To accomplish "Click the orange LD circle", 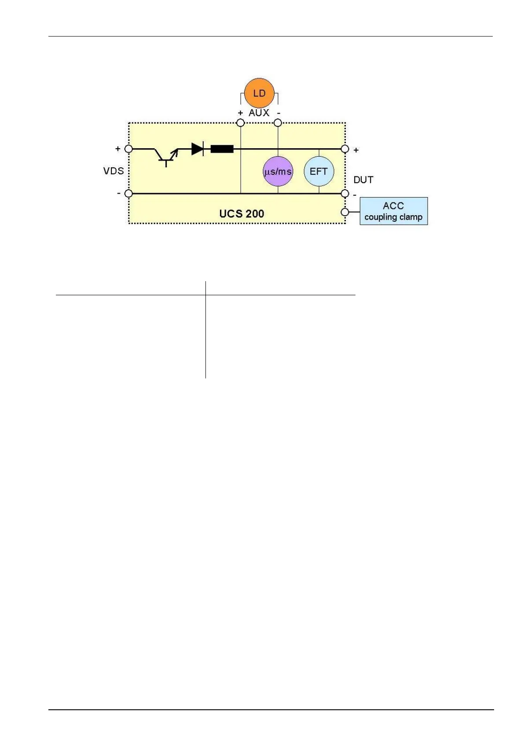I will tap(259, 93).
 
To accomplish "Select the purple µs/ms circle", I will tap(278, 171).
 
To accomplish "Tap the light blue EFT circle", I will tap(319, 171).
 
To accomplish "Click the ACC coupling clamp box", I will tap(393, 211).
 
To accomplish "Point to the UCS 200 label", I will tap(242, 214).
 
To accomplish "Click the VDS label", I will tap(114, 171).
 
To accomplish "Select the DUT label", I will tap(363, 180).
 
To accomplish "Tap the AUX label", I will tap(259, 113).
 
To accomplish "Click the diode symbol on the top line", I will tap(198, 149).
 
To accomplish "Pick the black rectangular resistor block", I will tap(222, 149).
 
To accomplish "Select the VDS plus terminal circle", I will tap(128, 149).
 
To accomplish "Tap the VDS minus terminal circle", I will tap(128, 193).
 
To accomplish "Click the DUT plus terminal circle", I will tap(345, 149).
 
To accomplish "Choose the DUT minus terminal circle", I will tap(345, 193).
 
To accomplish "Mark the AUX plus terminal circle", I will tap(240, 123).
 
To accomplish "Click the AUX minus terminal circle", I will tap(278, 123).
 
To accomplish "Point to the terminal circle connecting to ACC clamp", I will tap(345, 212).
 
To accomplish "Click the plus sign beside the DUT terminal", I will tap(356, 150).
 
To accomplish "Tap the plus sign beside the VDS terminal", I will tap(118, 149).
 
